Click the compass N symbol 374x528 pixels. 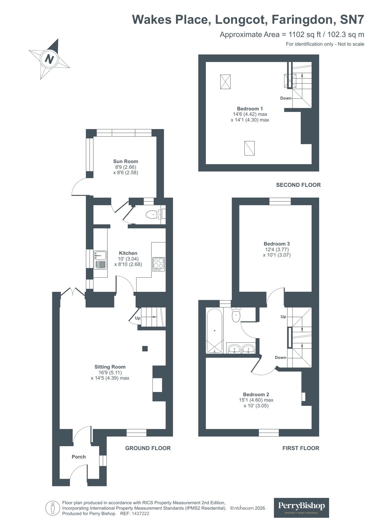tap(49, 59)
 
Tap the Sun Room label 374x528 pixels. tap(126, 161)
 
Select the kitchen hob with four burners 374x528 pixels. tap(159, 264)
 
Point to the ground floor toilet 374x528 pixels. tap(152, 215)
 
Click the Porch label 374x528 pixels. tap(79, 457)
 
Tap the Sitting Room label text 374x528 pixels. tap(110, 367)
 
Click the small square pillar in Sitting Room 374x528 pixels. tap(145, 348)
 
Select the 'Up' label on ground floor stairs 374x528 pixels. tap(138, 318)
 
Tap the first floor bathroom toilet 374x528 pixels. tap(236, 315)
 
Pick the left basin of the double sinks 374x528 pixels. tap(235, 349)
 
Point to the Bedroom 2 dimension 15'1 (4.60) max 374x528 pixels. tap(256, 400)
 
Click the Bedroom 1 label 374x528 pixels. tap(250, 109)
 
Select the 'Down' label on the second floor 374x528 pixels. tap(286, 98)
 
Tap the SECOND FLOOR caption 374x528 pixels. tap(298, 185)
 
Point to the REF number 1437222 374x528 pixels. tap(140, 514)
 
